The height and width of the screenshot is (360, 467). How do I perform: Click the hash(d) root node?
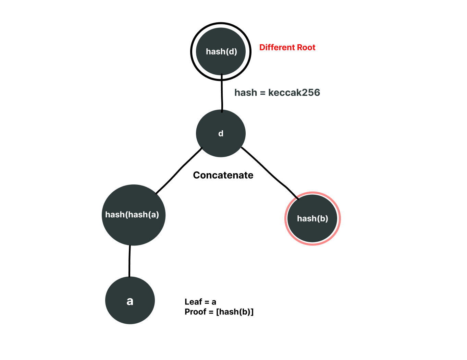tap(221, 51)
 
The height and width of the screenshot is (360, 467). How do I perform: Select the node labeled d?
tap(221, 133)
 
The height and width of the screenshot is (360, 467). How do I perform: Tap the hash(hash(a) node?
tap(133, 215)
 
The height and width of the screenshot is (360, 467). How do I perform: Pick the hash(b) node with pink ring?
tap(312, 218)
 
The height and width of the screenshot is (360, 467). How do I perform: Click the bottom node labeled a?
tap(130, 300)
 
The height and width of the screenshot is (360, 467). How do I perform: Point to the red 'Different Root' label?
tap(287, 47)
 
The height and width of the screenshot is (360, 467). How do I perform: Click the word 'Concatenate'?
tap(223, 175)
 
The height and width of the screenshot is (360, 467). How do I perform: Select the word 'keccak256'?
tap(294, 93)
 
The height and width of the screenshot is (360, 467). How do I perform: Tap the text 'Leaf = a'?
tap(200, 302)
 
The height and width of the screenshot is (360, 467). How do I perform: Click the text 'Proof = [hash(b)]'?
tap(219, 312)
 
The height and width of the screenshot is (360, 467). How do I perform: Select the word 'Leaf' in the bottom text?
tap(193, 302)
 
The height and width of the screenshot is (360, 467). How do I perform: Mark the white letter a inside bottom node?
tap(130, 301)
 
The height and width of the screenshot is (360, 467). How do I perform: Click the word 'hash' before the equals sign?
tap(245, 93)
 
